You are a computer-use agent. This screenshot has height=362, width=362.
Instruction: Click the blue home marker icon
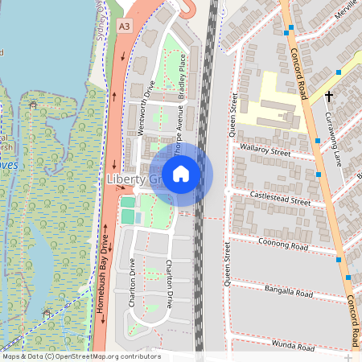point(181,173)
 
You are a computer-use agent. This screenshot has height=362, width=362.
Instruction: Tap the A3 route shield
point(123,27)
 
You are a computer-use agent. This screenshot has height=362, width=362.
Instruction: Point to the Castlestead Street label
point(280,198)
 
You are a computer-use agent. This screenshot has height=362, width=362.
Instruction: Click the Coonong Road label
point(285,245)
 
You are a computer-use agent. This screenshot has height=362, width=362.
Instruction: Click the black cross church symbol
point(328,97)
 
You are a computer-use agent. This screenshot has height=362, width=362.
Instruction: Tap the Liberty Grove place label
point(134,179)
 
